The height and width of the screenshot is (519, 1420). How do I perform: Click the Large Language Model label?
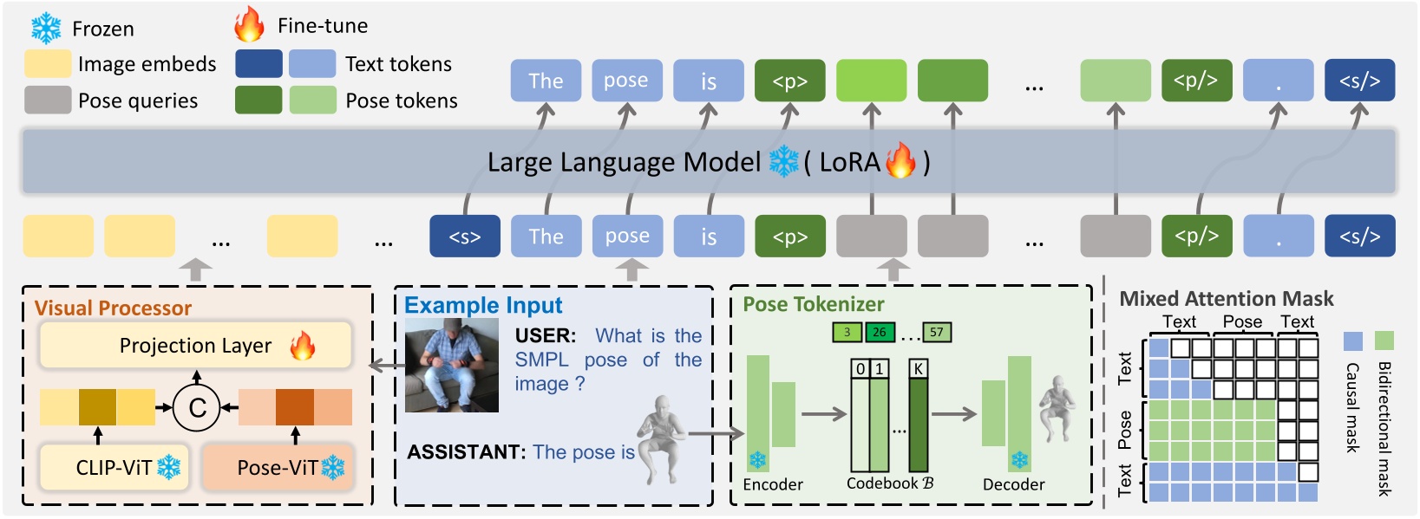[x=623, y=162]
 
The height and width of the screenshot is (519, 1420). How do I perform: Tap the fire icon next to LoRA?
[x=900, y=160]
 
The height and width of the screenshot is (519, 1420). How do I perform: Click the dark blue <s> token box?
[x=465, y=237]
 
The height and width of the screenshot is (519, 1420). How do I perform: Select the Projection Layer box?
[x=195, y=346]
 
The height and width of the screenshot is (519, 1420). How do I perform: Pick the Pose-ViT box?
[x=278, y=468]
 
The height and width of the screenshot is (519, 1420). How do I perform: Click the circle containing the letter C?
[x=197, y=407]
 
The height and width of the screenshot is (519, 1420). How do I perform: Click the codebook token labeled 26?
[x=879, y=332]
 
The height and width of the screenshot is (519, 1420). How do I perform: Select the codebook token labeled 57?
[x=936, y=332]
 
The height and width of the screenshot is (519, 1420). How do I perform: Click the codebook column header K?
[x=918, y=369]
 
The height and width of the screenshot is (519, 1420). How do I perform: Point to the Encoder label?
[x=773, y=484]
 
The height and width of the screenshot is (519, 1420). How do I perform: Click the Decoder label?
[x=1013, y=484]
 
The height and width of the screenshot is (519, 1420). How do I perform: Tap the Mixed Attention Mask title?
[x=1226, y=299]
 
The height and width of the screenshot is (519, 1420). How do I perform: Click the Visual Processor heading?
[x=113, y=308]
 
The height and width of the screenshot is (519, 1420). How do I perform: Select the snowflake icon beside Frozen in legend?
[x=46, y=29]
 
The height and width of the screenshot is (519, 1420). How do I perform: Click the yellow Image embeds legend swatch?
[x=48, y=64]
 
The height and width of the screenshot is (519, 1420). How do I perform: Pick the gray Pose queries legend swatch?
[x=48, y=101]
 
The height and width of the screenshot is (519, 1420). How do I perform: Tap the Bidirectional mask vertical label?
[x=1384, y=428]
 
